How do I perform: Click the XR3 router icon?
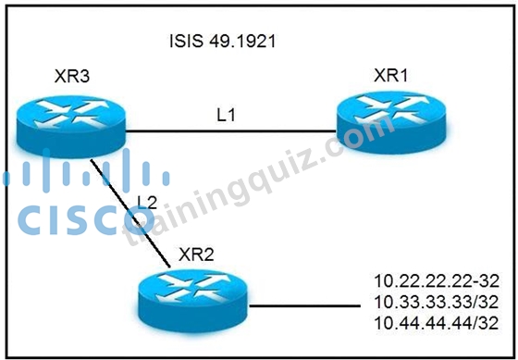(x=71, y=126)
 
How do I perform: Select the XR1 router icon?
(x=391, y=122)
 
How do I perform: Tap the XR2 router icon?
(x=193, y=300)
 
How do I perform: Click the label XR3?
(x=72, y=77)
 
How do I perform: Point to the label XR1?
(x=390, y=75)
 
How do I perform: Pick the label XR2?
(x=196, y=254)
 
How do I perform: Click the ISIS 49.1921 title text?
(x=222, y=42)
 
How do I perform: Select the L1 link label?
(x=226, y=115)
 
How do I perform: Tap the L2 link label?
(x=147, y=202)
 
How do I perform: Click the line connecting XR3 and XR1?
(x=231, y=131)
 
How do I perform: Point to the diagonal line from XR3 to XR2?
(x=130, y=213)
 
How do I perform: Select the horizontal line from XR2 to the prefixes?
(x=304, y=305)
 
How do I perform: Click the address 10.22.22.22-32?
(x=437, y=281)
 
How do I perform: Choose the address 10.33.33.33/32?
(x=437, y=302)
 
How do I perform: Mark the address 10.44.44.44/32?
(x=437, y=323)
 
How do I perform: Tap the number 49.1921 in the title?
(x=242, y=42)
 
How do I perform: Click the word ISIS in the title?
(x=186, y=42)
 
